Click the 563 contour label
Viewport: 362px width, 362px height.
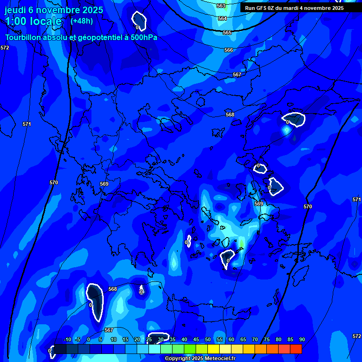pos(221,6)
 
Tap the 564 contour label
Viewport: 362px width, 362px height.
pos(222,18)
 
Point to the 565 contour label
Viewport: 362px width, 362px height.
pos(227,33)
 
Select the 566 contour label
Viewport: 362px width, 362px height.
pos(229,50)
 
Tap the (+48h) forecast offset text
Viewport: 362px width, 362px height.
pos(82,21)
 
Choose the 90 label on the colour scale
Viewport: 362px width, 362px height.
pos(302,339)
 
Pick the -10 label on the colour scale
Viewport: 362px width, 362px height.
pos(67,339)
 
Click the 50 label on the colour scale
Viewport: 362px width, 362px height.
pos(208,339)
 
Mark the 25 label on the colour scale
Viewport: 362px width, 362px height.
pos(149,339)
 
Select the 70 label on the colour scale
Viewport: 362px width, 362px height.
pos(255,339)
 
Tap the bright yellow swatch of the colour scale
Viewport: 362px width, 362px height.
pos(214,349)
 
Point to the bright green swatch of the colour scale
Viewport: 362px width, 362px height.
pos(190,349)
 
